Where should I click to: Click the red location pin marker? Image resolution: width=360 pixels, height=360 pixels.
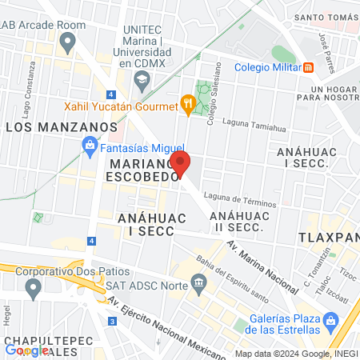[181, 163]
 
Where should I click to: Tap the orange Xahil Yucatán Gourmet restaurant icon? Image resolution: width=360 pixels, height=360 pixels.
[187, 103]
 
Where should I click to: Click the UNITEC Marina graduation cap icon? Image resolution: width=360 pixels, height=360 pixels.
[142, 78]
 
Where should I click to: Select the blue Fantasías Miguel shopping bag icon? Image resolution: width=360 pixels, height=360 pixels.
[90, 146]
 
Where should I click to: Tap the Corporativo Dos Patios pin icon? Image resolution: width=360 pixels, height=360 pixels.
[33, 289]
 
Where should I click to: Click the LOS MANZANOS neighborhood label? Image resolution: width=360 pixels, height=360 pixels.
[61, 127]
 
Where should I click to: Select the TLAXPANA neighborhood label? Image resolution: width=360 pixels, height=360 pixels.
[328, 238]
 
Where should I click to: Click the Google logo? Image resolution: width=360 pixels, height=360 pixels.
[26, 350]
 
